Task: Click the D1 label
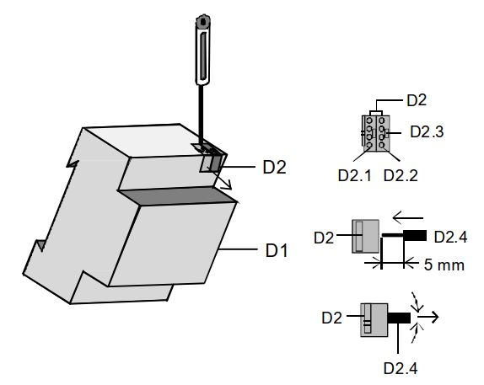click(277, 250)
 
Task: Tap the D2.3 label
click(427, 131)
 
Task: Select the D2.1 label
click(355, 176)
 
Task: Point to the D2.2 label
click(401, 176)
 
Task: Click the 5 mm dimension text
click(444, 265)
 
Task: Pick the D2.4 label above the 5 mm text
click(450, 238)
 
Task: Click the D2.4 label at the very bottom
click(401, 368)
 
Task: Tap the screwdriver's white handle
click(202, 51)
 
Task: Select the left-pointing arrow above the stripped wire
click(408, 218)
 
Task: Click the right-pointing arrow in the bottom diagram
click(428, 317)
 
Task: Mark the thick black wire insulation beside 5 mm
click(415, 235)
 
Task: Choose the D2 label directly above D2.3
click(417, 100)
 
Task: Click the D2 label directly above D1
click(274, 167)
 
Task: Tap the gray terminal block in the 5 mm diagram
click(366, 236)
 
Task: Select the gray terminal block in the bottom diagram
click(374, 320)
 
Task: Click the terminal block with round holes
click(376, 133)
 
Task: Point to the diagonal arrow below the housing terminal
click(219, 178)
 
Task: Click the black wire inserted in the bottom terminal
click(399, 318)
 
